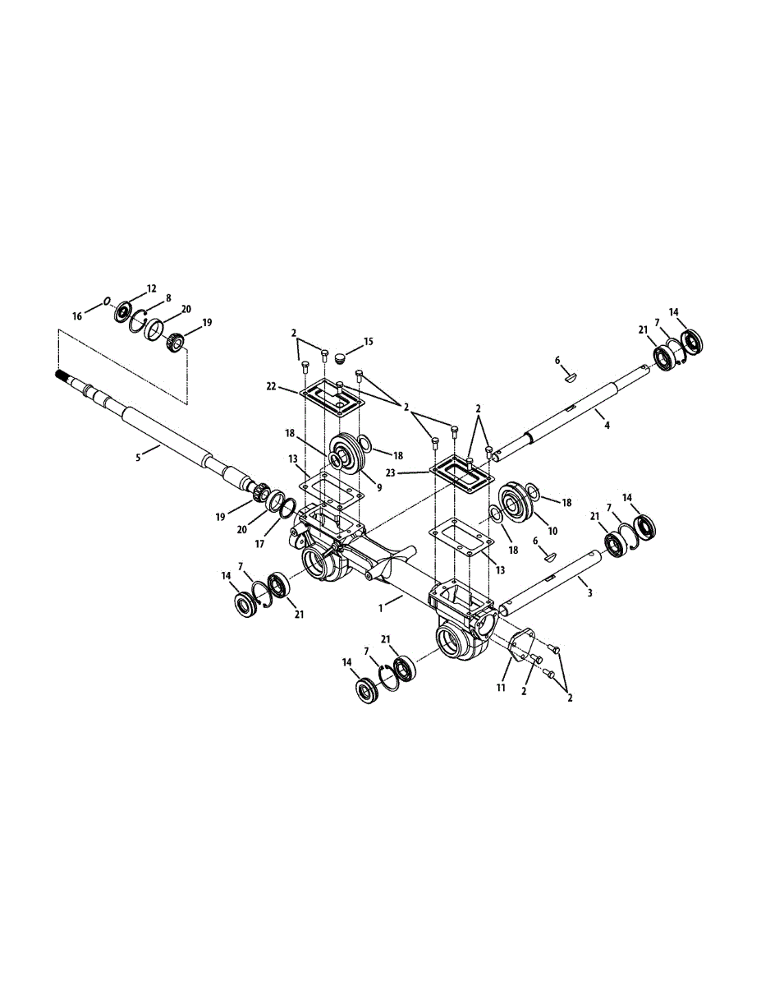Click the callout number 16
(x=77, y=316)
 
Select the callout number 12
(x=151, y=288)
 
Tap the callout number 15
(x=369, y=341)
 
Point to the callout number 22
(x=271, y=387)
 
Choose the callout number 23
(x=391, y=472)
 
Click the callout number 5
(x=138, y=458)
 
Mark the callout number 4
(x=607, y=425)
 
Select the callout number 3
(x=589, y=593)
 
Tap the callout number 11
(x=501, y=688)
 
